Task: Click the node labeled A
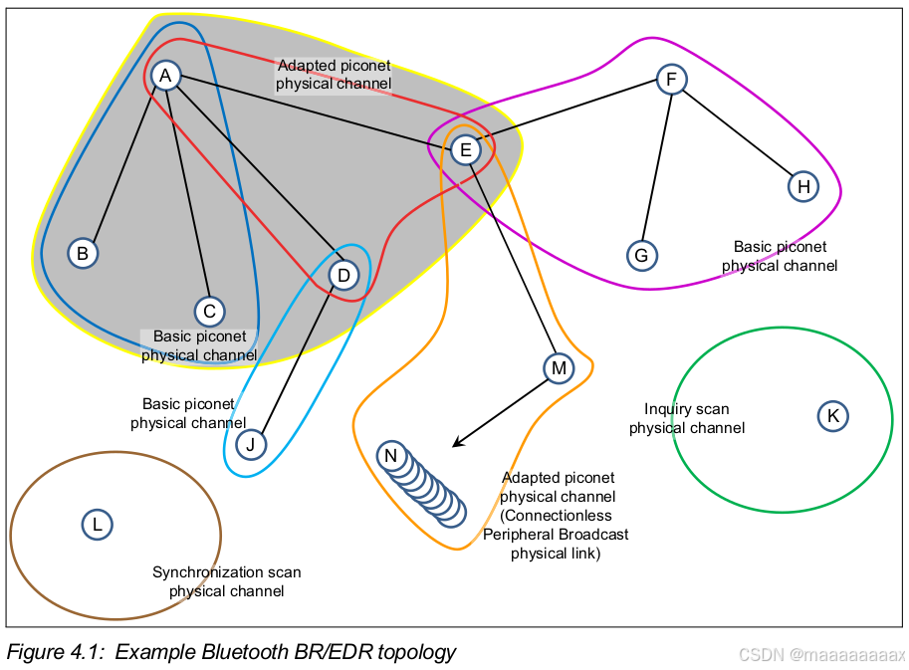pos(165,76)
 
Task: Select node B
pos(83,253)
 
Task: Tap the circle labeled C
pos(209,312)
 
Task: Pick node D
pos(343,274)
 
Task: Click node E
pos(465,150)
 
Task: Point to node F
pos(671,79)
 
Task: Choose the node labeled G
pos(642,256)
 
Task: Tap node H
pos(803,185)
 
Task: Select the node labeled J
pos(252,444)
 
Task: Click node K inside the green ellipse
pos(832,415)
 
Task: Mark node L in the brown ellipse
pos(97,524)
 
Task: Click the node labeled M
pos(559,368)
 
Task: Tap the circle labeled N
pos(391,457)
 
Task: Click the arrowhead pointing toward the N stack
pos(457,443)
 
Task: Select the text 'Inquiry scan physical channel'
pos(686,418)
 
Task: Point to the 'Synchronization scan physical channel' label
pos(226,581)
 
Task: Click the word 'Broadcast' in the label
pos(594,535)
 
